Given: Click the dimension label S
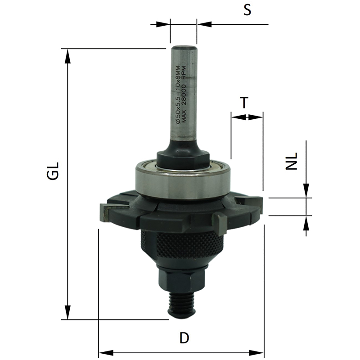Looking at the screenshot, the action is pyautogui.click(x=247, y=10).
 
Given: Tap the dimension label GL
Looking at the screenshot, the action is pyautogui.click(x=53, y=171).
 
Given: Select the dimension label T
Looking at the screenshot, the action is pyautogui.click(x=244, y=103).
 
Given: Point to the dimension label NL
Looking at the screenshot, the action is pyautogui.click(x=291, y=161).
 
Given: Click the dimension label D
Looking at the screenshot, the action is pyautogui.click(x=184, y=338).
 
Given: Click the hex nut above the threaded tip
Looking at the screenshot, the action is pyautogui.click(x=182, y=279).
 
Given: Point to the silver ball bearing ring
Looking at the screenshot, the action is pyautogui.click(x=183, y=181).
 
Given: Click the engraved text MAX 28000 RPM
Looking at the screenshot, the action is pyautogui.click(x=184, y=94).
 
